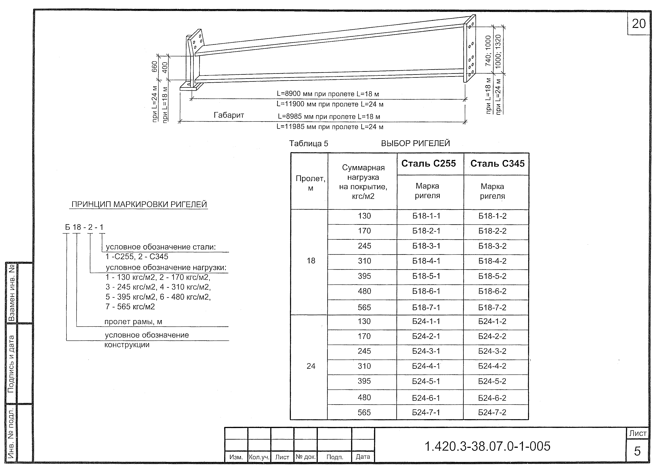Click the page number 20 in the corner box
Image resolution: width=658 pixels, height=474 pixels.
pyautogui.click(x=639, y=24)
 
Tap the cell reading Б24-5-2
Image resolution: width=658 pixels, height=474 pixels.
pyautogui.click(x=492, y=381)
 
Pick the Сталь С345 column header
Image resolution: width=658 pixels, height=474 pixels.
pyautogui.click(x=497, y=164)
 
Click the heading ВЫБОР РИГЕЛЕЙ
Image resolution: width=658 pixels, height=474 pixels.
pyautogui.click(x=415, y=143)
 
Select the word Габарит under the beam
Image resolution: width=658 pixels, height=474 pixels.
pyautogui.click(x=229, y=115)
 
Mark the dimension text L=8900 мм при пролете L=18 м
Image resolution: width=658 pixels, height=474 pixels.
pyautogui.click(x=328, y=94)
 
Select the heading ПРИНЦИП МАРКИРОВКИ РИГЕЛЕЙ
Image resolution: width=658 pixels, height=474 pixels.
pyautogui.click(x=139, y=204)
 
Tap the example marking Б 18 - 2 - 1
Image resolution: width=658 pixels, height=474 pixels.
pyautogui.click(x=84, y=227)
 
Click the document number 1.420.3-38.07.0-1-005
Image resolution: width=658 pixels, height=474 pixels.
pyautogui.click(x=487, y=446)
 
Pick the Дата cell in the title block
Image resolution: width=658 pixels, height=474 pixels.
pyautogui.click(x=363, y=457)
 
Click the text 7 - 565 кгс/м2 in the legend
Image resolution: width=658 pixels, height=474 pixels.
pyautogui.click(x=130, y=307)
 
